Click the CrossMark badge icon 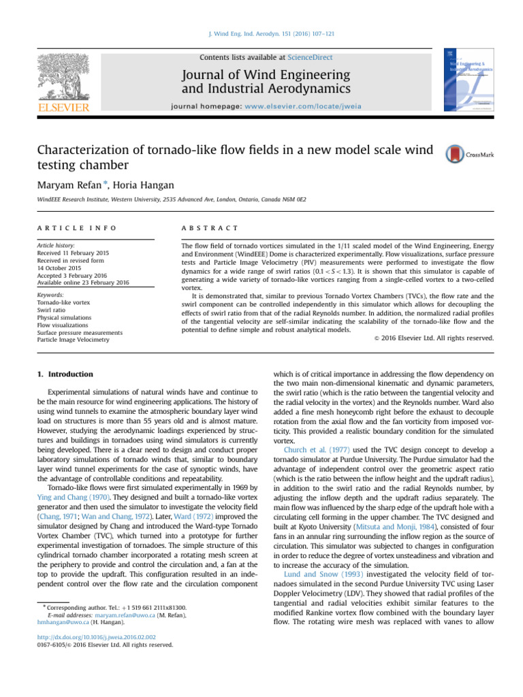click(454, 155)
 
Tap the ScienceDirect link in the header click(310, 58)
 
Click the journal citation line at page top click(261, 34)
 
